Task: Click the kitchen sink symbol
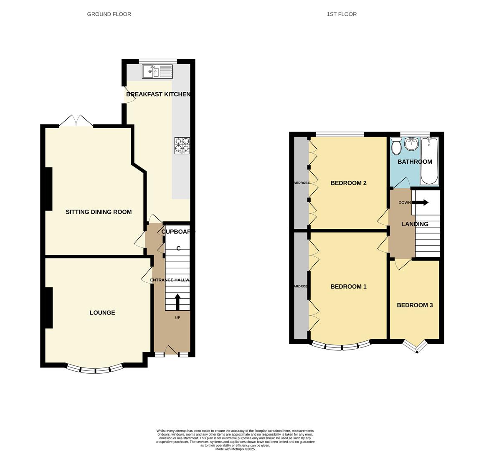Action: tap(157, 72)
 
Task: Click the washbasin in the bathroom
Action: tap(411, 144)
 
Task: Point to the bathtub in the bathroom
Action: tap(429, 161)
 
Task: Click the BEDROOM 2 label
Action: tap(348, 183)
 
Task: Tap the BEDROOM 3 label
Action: tap(415, 305)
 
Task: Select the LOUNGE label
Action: tap(102, 313)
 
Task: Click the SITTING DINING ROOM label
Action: tap(99, 212)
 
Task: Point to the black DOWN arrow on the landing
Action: tap(420, 203)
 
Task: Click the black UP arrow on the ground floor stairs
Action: tap(177, 302)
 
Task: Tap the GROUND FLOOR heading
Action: tap(109, 14)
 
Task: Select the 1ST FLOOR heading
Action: tap(342, 14)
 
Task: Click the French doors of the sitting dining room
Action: tap(76, 121)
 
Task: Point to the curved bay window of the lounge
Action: tap(95, 370)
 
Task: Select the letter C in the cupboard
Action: tap(178, 248)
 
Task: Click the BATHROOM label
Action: tap(415, 162)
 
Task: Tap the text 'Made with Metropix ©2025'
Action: tap(235, 449)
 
